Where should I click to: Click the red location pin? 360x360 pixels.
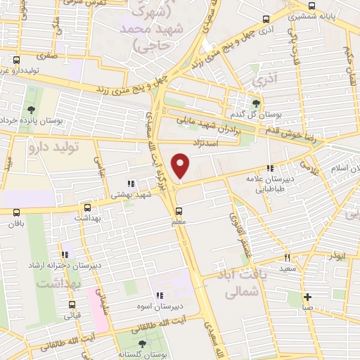(181, 166)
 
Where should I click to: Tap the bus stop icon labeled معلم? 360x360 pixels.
(178, 210)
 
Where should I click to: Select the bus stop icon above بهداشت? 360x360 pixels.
(87, 208)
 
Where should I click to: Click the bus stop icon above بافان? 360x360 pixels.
(16, 212)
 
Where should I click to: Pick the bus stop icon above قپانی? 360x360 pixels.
(72, 304)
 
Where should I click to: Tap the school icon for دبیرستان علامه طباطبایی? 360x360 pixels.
(270, 168)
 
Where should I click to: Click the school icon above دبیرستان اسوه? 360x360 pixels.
(160, 296)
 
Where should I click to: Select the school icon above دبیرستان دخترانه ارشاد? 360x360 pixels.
(64, 254)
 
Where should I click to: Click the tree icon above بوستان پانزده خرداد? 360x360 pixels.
(32, 110)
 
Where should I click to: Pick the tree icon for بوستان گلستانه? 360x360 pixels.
(143, 344)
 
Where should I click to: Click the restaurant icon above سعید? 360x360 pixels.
(286, 257)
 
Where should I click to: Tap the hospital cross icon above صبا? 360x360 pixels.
(307, 296)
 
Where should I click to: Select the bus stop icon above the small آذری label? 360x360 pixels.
(265, 20)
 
